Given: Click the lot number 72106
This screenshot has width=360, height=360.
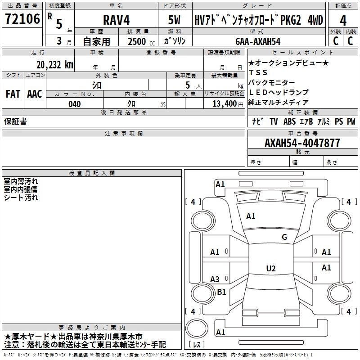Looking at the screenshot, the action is click(x=22, y=19).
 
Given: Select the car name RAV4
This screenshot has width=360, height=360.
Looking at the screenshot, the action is click(x=117, y=20).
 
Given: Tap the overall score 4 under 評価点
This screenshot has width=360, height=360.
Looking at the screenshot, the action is click(x=343, y=21).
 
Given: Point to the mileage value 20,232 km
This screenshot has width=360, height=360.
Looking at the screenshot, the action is click(x=54, y=65).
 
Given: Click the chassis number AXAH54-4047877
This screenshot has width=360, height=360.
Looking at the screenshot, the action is click(x=302, y=143).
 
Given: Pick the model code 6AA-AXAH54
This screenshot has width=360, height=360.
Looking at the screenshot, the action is click(x=258, y=41).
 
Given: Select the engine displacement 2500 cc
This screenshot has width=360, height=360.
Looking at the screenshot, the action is click(x=141, y=41).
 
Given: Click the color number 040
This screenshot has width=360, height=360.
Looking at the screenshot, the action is click(x=74, y=104).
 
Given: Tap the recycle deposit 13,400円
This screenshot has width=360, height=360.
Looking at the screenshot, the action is click(x=228, y=104).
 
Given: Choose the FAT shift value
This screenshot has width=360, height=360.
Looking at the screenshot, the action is click(x=13, y=94).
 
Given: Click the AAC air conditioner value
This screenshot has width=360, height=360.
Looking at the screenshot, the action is click(x=35, y=94).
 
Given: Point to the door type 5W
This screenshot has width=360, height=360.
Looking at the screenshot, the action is click(x=174, y=20).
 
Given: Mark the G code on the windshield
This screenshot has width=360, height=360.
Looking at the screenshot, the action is click(x=284, y=237).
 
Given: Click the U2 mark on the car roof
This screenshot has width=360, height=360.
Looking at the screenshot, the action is click(x=271, y=268).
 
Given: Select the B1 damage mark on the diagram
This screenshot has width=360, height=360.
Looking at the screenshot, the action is click(x=221, y=292).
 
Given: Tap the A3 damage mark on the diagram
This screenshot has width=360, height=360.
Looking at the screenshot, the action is click(x=215, y=279).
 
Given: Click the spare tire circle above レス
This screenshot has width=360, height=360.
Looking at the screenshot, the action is click(x=197, y=328).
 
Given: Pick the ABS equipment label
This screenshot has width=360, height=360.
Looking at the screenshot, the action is click(x=289, y=121).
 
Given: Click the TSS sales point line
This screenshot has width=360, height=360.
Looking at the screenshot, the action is click(x=258, y=72).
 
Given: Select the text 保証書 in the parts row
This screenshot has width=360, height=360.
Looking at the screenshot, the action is click(x=15, y=121).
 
